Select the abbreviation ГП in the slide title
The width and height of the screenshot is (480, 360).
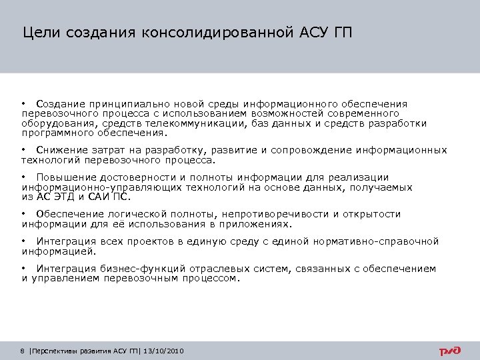(x=341, y=32)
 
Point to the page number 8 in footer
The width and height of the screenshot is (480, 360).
(x=23, y=351)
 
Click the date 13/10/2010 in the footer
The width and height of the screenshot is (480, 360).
(x=164, y=351)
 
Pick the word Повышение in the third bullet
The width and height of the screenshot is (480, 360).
(x=66, y=177)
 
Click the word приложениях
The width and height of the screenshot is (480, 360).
(x=262, y=224)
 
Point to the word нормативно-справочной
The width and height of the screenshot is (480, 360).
(x=382, y=241)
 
